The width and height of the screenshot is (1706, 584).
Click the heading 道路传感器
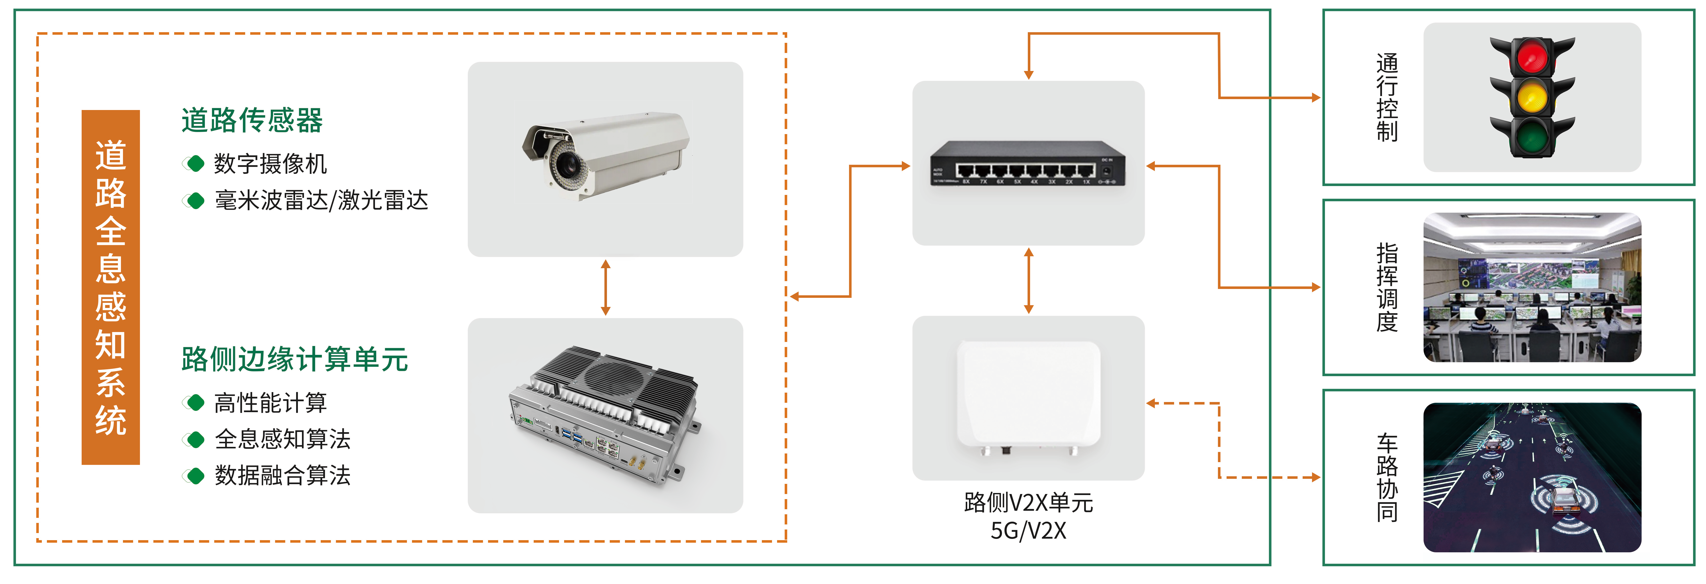click(x=252, y=120)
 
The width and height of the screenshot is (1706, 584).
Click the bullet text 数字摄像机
click(x=270, y=163)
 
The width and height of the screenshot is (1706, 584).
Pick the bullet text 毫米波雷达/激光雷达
click(x=321, y=200)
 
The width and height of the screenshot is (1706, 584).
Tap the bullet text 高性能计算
click(x=270, y=403)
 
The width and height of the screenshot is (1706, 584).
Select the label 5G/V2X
click(x=1028, y=530)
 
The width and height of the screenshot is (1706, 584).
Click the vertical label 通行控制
click(x=1387, y=97)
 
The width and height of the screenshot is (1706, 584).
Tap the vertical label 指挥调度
click(x=1387, y=287)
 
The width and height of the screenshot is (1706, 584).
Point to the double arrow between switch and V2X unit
click(x=1029, y=281)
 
